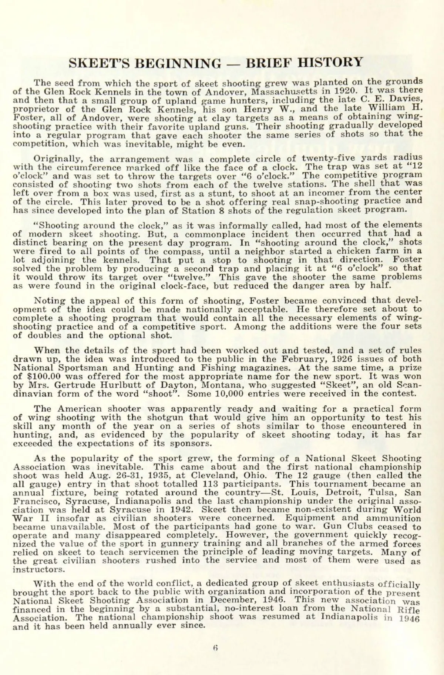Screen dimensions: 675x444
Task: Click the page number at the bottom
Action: [215, 648]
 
